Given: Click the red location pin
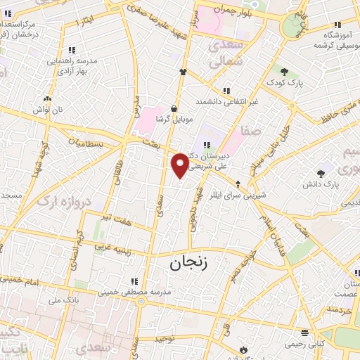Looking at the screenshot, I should pyautogui.click(x=181, y=165).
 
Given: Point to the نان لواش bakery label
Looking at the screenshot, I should pyautogui.click(x=50, y=110).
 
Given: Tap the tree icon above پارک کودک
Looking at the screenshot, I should pyautogui.click(x=284, y=72).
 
